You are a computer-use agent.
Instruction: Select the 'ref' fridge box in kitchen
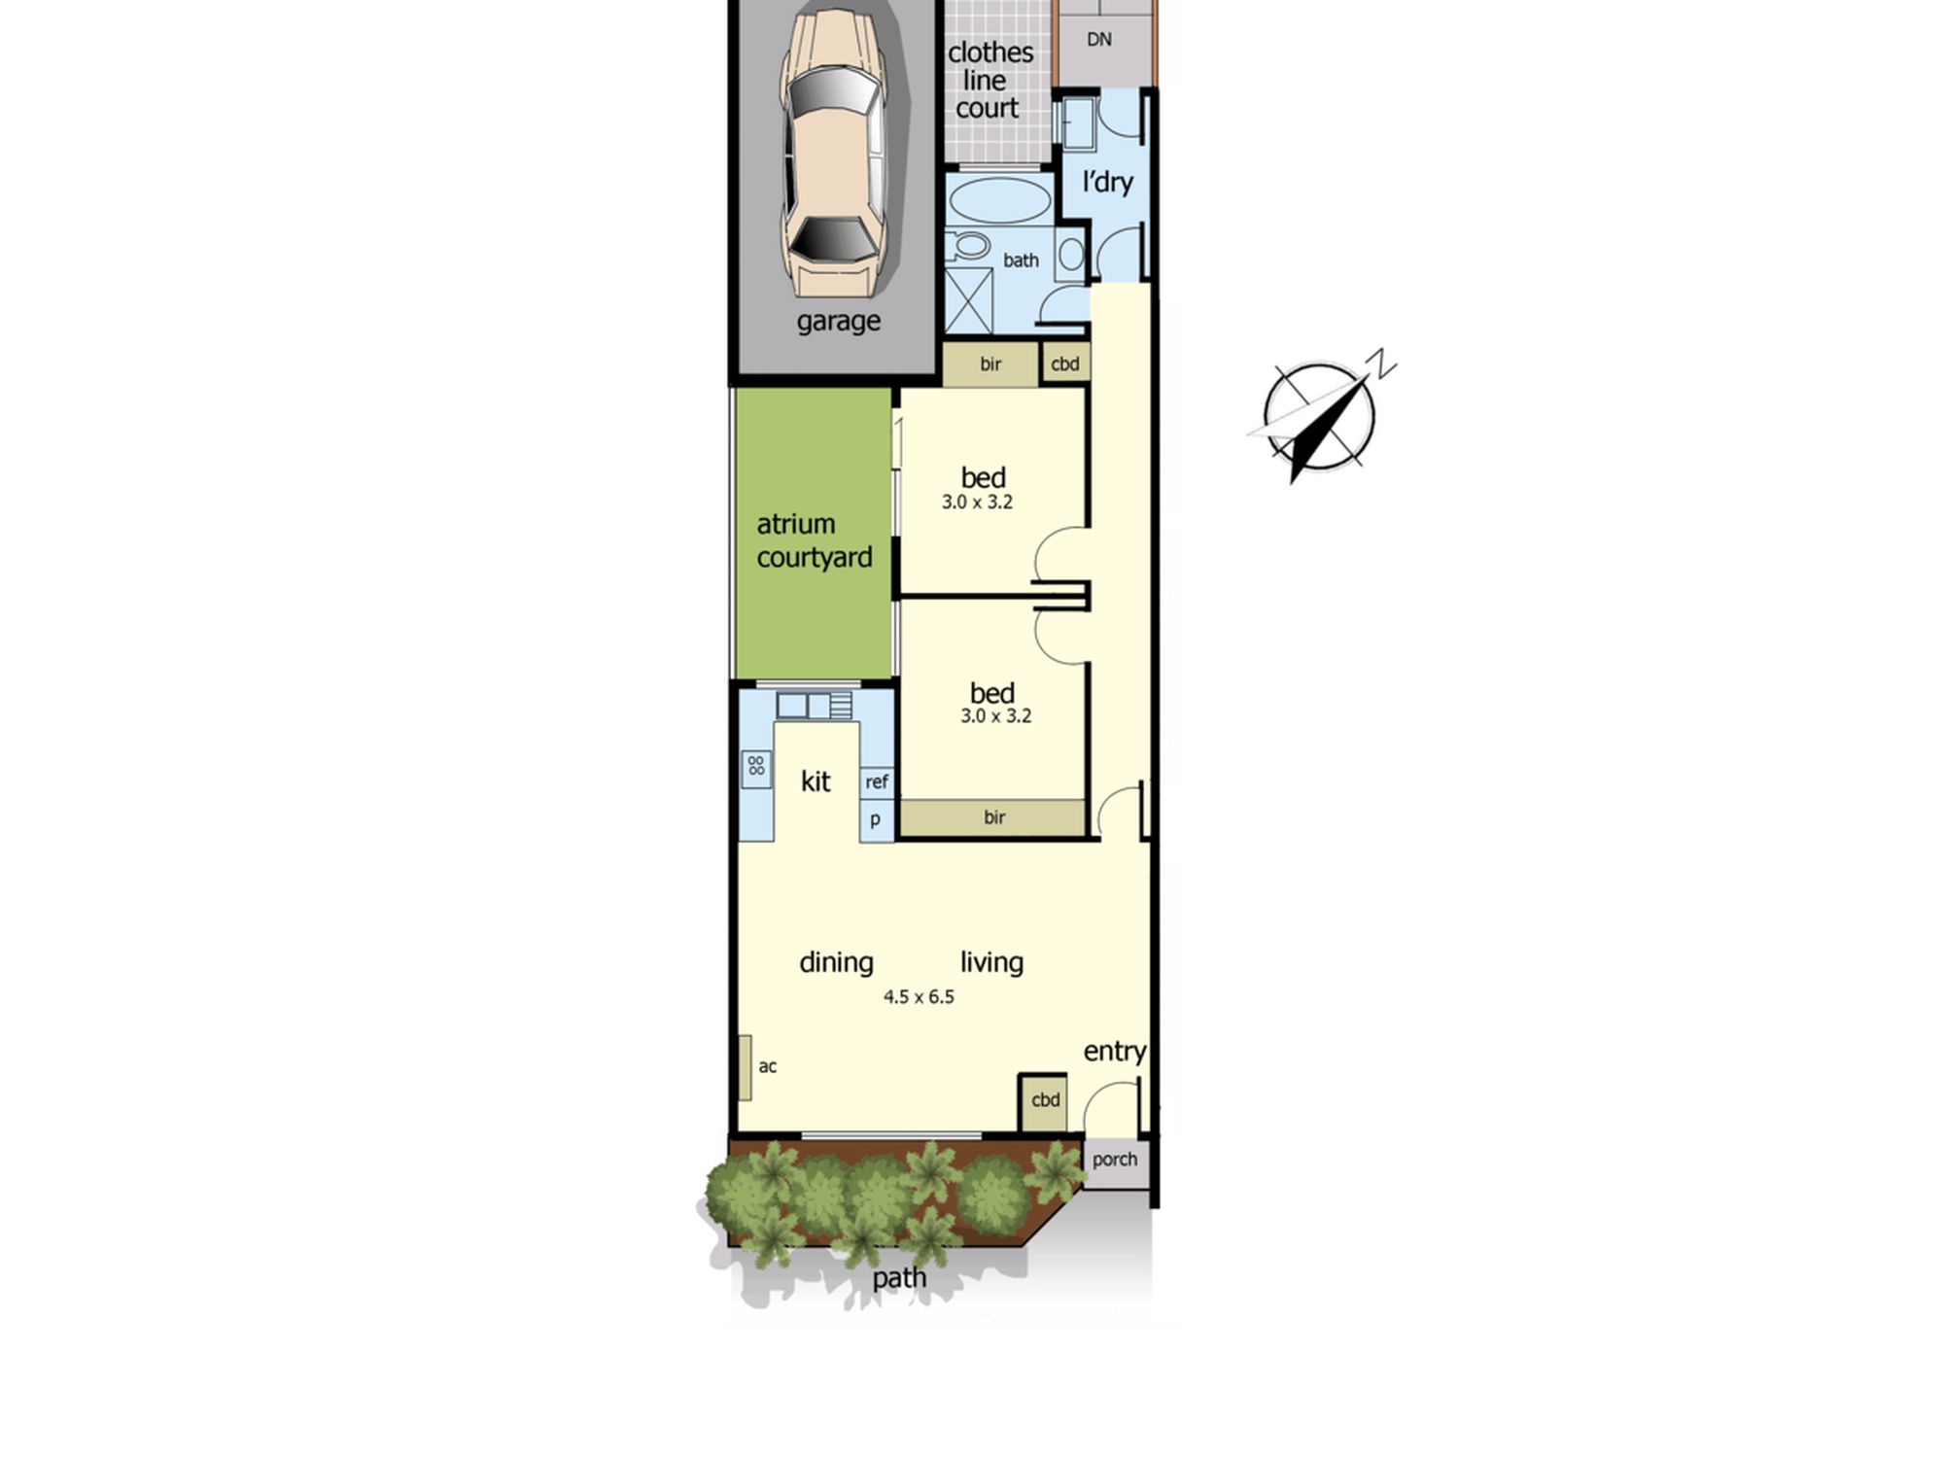coord(877,781)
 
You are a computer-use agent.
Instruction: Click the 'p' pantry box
coord(877,819)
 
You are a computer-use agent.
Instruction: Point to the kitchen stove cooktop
coord(756,767)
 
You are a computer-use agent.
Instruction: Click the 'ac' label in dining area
coord(768,1066)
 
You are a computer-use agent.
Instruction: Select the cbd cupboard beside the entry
coord(1043,1101)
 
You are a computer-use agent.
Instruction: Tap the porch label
coord(1115,1160)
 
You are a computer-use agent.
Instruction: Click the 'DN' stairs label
coord(1099,40)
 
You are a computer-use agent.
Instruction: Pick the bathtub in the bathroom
coord(998,201)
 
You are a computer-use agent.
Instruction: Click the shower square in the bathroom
coord(969,300)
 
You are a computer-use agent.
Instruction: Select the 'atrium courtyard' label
coord(815,540)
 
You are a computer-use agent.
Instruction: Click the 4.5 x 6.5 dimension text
coord(919,996)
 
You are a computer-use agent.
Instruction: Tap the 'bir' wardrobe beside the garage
coord(990,364)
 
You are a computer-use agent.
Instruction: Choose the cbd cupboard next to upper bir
coord(1065,364)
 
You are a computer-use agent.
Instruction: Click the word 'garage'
coord(839,322)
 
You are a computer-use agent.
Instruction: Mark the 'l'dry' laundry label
coord(1108,182)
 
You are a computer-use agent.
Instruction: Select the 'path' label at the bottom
coord(899,1278)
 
